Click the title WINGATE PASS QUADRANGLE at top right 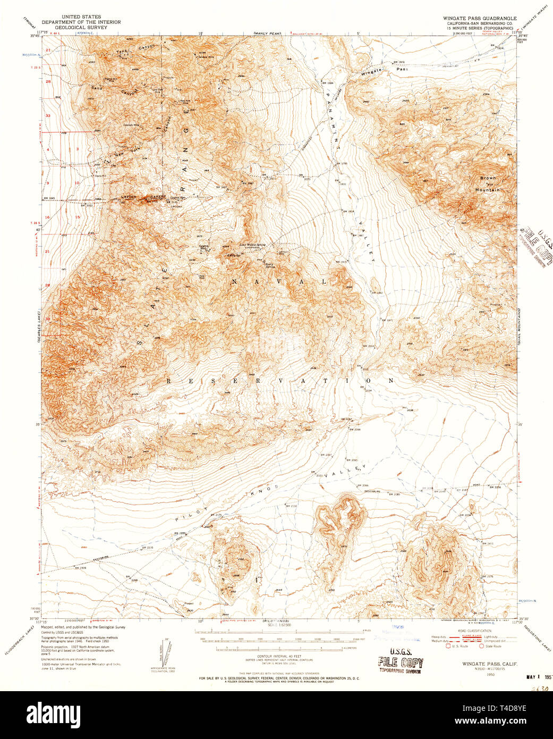coord(480,18)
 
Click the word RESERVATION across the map coord(280,381)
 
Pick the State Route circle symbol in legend coord(481,646)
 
